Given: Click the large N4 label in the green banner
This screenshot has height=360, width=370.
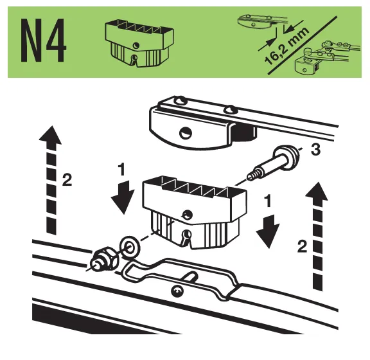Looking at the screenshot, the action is [43, 40].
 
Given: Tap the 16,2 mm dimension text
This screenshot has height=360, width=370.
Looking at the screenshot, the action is [286, 46].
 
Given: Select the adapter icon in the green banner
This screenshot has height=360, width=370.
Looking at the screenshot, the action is [139, 43].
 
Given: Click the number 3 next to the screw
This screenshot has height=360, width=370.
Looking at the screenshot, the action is [315, 150].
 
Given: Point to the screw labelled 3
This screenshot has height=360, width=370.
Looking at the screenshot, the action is [274, 163].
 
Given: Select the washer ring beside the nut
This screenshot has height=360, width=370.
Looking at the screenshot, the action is [130, 247].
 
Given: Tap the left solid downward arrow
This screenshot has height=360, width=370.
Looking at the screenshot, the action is [123, 197].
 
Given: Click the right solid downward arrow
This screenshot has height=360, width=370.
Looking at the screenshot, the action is [268, 231].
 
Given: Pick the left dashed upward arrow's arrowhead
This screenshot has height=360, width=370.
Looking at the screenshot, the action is [50, 135].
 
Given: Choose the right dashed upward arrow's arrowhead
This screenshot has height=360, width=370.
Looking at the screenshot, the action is [317, 192].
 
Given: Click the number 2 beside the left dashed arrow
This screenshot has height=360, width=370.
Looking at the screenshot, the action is [67, 180].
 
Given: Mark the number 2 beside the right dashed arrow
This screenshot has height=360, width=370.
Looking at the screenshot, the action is [303, 246].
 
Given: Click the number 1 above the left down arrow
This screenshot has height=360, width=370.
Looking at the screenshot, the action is [122, 170].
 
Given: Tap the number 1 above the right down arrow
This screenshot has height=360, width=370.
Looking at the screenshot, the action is [268, 201].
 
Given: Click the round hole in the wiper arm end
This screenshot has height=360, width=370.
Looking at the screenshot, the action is [186, 133].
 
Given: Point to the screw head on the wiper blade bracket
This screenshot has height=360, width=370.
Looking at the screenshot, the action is [177, 291].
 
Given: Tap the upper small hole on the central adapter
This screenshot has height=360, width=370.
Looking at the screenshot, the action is [188, 215].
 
